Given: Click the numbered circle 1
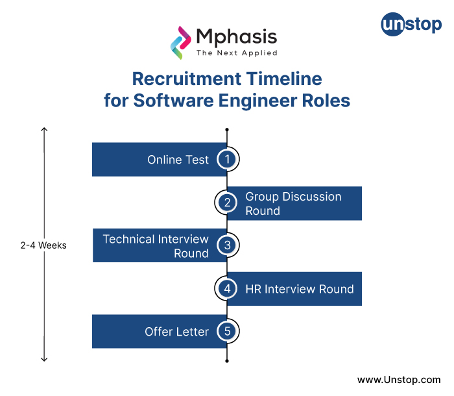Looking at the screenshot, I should coord(227,160).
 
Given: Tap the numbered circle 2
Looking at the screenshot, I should coord(227,203).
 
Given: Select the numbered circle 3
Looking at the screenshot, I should coord(227,245).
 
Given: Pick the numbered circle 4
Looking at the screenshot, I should coord(227,288).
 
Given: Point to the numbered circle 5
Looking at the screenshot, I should coord(227,331).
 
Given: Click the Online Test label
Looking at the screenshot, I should coord(178,160).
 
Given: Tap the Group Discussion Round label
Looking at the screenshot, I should coord(293,203).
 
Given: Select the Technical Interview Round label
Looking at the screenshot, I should coord(156,246).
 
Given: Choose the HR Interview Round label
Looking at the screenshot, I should coord(299,289).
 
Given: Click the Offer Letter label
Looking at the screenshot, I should coord(176,332).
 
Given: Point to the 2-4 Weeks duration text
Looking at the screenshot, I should coord(43,246).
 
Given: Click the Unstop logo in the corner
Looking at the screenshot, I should coord(411,26).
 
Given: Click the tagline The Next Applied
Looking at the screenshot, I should coord(237,53).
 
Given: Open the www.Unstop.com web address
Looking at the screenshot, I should coord(399,379).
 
